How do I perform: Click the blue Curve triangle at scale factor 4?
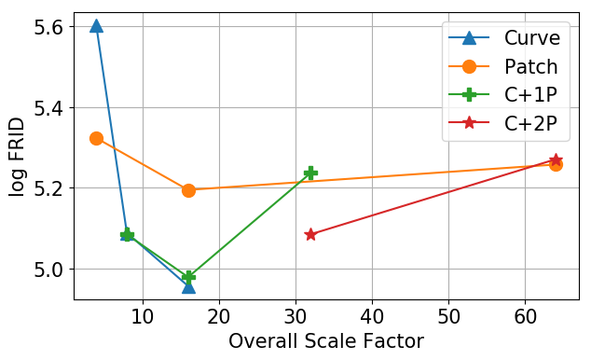(96, 26)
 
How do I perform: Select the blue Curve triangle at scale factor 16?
(188, 286)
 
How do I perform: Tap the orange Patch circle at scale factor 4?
(96, 138)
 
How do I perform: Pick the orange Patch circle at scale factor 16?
(188, 190)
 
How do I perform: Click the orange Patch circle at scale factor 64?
(556, 164)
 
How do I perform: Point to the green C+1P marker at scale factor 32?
(310, 173)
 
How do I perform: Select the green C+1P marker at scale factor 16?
(189, 276)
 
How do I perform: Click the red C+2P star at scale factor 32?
(310, 234)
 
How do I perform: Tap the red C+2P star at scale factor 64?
(556, 160)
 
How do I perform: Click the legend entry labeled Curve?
(531, 38)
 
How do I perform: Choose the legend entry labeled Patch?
(531, 66)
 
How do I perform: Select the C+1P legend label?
(531, 94)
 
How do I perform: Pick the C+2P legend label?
(531, 122)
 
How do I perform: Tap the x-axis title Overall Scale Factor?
(326, 341)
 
